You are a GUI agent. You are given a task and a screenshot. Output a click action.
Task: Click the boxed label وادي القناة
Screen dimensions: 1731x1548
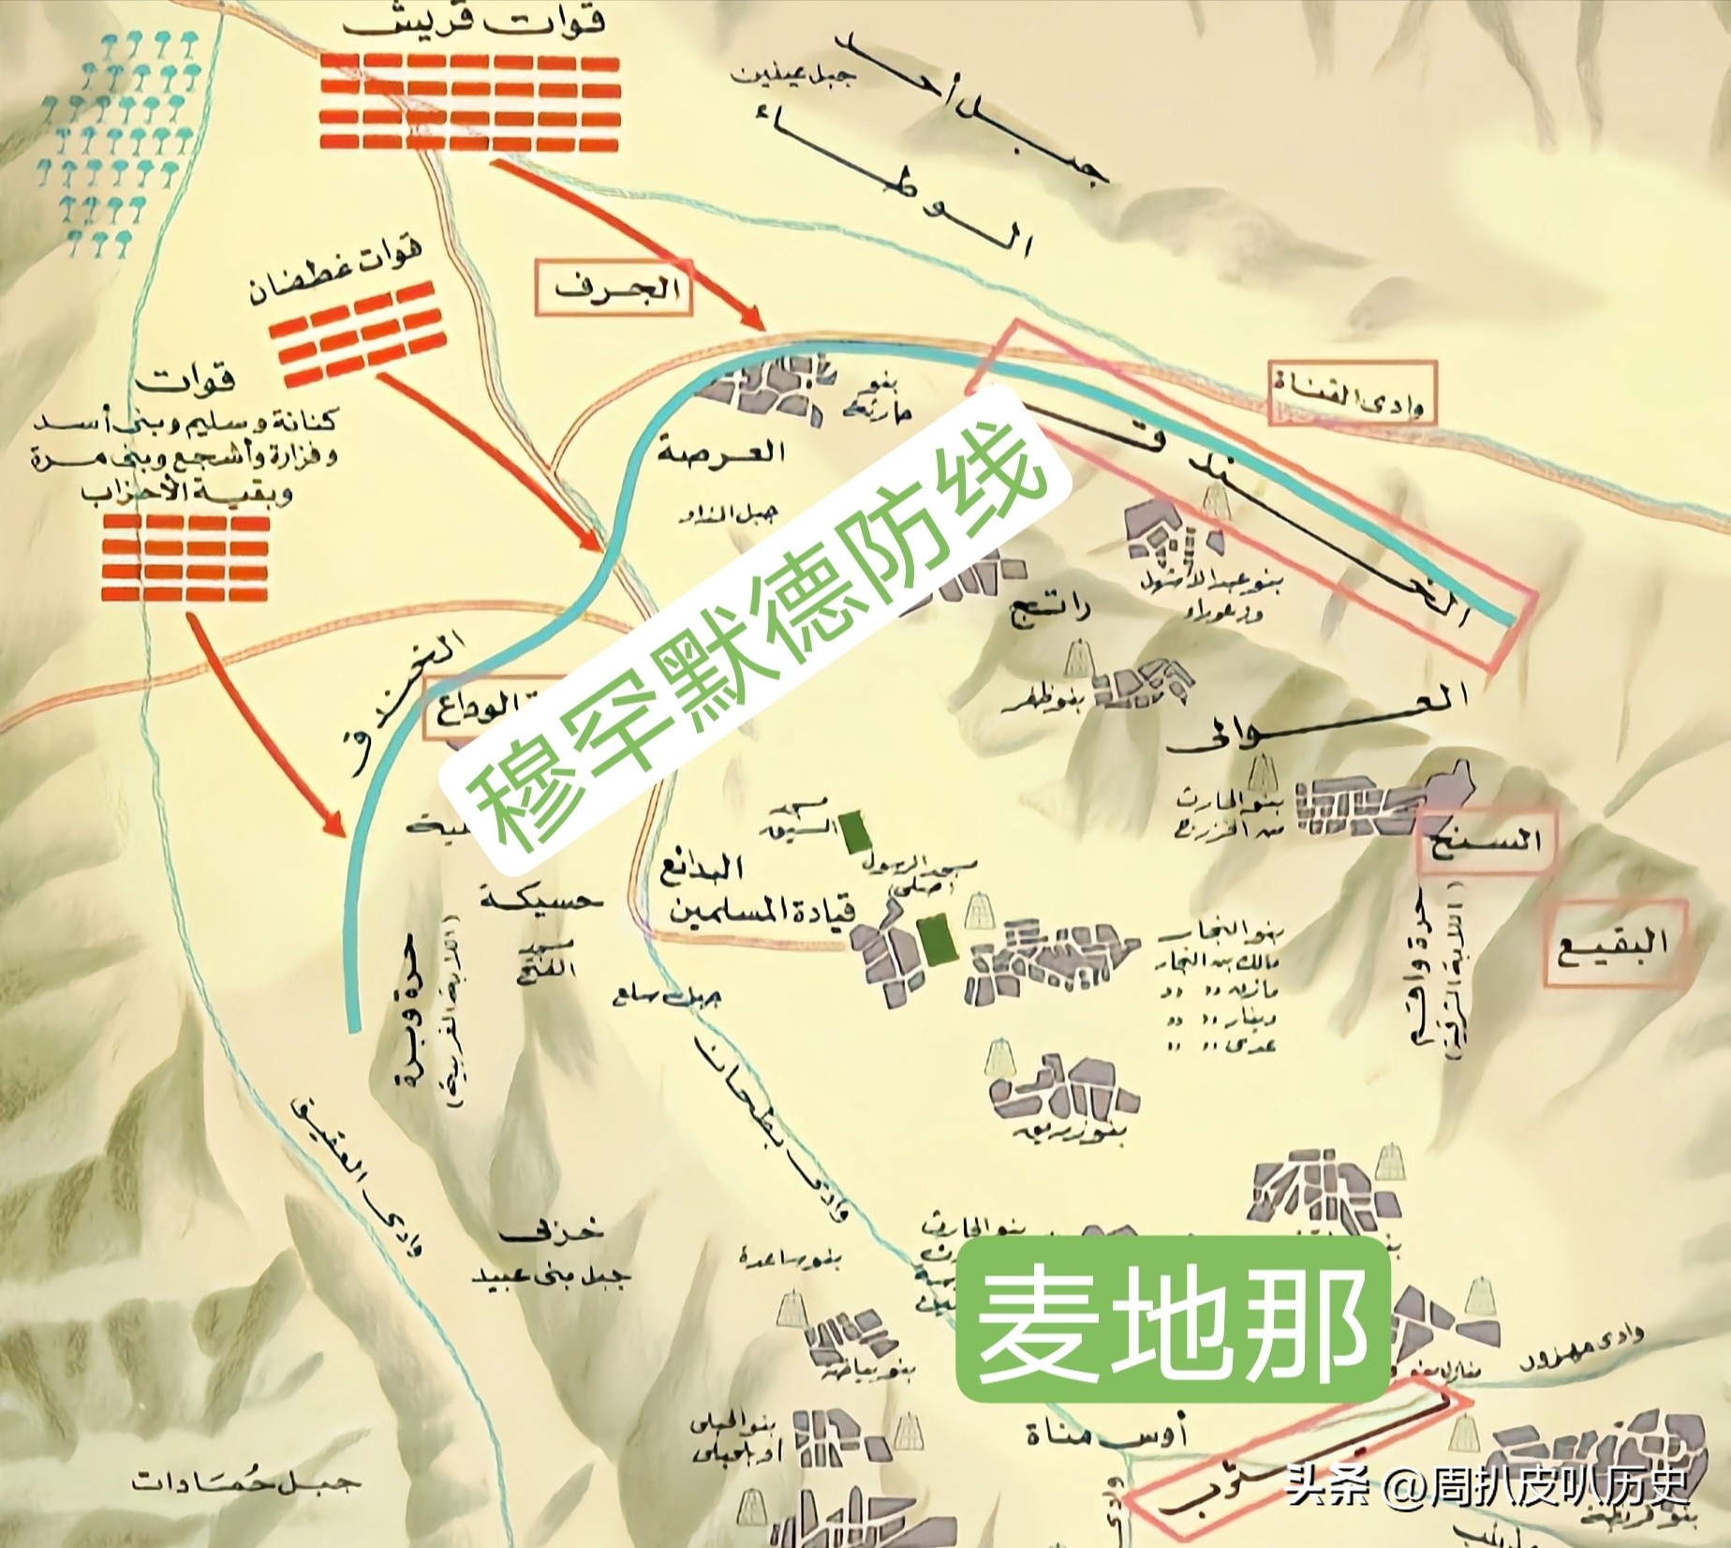point(1352,394)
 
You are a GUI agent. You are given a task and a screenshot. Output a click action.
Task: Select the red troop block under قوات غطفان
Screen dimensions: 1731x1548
point(357,342)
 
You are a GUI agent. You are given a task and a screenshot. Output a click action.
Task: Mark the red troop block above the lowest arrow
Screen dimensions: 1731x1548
point(184,557)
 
